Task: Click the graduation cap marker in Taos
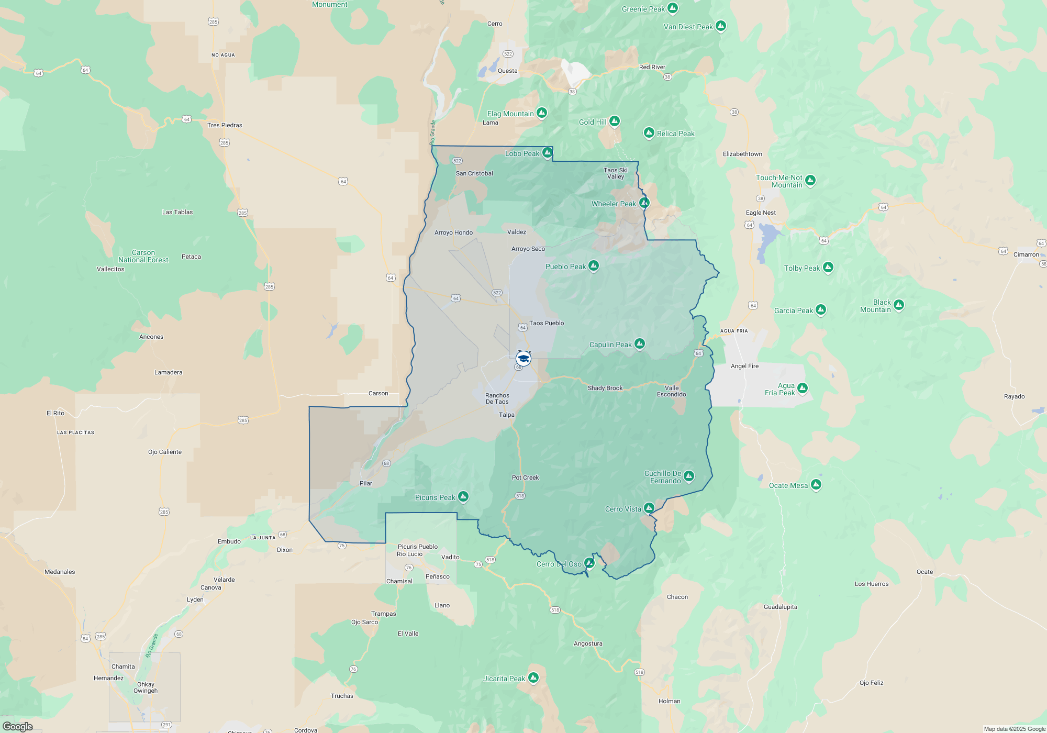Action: pyautogui.click(x=523, y=359)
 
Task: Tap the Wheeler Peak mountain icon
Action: pyautogui.click(x=644, y=203)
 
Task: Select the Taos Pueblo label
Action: pyautogui.click(x=547, y=323)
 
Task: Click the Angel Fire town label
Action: pyautogui.click(x=744, y=366)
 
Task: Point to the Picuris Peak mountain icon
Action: pyautogui.click(x=463, y=496)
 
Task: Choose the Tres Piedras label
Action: pyautogui.click(x=225, y=125)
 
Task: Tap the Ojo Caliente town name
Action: pyautogui.click(x=165, y=452)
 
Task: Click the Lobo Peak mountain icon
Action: pyautogui.click(x=548, y=152)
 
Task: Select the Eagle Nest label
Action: pyautogui.click(x=761, y=213)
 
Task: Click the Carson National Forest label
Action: pyautogui.click(x=143, y=256)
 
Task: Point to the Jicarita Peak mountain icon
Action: pyautogui.click(x=533, y=678)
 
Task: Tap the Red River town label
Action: pyautogui.click(x=652, y=67)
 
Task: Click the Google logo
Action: pyautogui.click(x=18, y=726)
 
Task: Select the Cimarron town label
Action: pyautogui.click(x=1026, y=254)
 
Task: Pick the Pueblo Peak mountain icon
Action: pyautogui.click(x=594, y=265)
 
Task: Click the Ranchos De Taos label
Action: pyautogui.click(x=497, y=398)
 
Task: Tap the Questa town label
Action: pyautogui.click(x=507, y=71)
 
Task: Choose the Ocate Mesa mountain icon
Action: pyautogui.click(x=816, y=484)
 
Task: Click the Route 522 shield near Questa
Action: pyautogui.click(x=508, y=54)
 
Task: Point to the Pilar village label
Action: pyautogui.click(x=366, y=483)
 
